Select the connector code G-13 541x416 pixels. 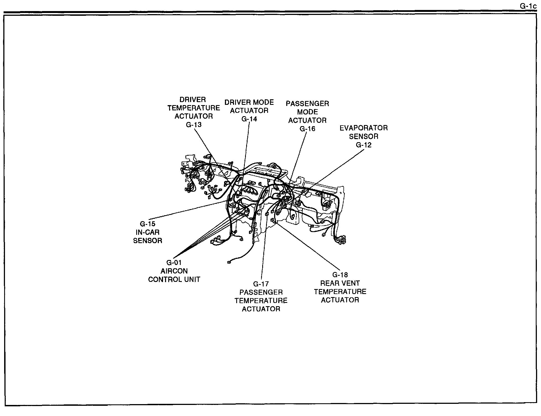(x=193, y=125)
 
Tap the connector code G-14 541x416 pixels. (x=249, y=119)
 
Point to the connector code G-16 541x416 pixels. (x=307, y=129)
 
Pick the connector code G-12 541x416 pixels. (x=363, y=145)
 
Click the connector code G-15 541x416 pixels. (x=148, y=224)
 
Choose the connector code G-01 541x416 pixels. (x=174, y=262)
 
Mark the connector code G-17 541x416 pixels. (x=261, y=284)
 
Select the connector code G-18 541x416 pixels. (x=340, y=275)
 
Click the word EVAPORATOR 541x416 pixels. (x=363, y=128)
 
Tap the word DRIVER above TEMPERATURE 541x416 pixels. (x=193, y=100)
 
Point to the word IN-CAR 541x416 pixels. (x=148, y=232)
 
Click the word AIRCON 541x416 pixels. (x=174, y=271)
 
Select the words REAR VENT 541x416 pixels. (x=340, y=283)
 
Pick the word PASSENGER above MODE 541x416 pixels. (x=307, y=104)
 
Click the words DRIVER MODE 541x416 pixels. (x=249, y=102)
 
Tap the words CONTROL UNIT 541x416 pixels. (x=174, y=279)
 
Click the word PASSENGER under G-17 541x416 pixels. (x=261, y=292)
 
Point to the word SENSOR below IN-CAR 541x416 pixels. (x=148, y=241)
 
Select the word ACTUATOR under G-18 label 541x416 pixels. (x=340, y=300)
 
